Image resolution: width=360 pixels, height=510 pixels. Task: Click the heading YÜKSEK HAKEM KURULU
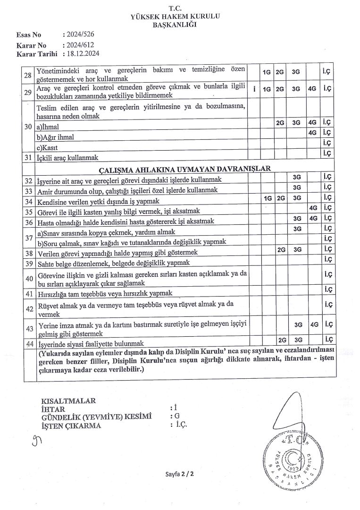coord(177,17)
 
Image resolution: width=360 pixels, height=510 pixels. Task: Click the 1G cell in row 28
coord(267,72)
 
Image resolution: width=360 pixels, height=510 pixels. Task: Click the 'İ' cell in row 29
coord(254,89)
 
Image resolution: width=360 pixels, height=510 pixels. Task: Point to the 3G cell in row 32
coord(297,177)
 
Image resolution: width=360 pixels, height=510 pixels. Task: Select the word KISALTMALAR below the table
coord(68,401)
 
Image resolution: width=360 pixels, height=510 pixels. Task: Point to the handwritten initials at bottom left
coord(35,442)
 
